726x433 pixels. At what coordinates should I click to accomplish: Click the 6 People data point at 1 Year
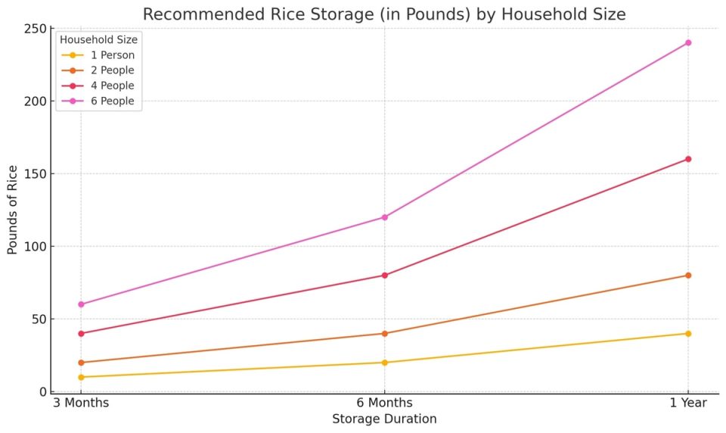pos(687,42)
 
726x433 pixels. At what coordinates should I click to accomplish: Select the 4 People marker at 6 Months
pos(384,275)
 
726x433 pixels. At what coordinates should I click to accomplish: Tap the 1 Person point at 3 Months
pos(81,377)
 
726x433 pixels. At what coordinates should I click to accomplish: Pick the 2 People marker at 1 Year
pos(687,275)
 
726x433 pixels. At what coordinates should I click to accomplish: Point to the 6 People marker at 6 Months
pos(384,217)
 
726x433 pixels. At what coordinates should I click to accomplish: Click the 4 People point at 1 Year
pos(687,159)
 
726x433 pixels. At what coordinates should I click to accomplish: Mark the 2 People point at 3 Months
pos(81,363)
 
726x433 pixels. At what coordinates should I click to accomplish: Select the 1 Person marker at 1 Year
pos(687,333)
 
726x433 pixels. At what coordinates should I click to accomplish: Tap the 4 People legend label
pos(111,86)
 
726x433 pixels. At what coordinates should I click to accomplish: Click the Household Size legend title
pos(98,39)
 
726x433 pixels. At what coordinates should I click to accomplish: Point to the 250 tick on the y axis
pos(34,29)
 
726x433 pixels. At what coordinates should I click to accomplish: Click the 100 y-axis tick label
pos(34,246)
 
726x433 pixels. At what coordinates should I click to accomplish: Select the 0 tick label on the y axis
pos(42,391)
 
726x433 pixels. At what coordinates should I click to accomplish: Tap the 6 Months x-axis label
pos(384,403)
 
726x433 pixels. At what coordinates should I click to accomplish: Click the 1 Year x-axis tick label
pos(687,403)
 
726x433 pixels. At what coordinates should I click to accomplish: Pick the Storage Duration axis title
pos(384,419)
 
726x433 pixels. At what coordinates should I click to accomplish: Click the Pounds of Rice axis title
pos(13,210)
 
